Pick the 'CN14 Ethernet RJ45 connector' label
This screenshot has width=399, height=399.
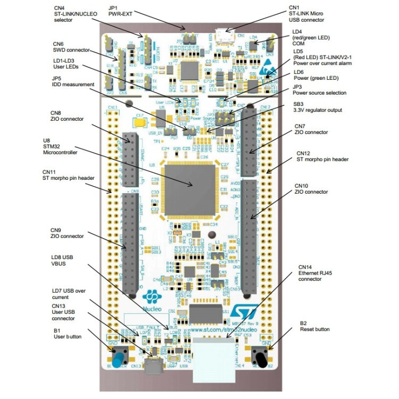pyautogui.click(x=314, y=272)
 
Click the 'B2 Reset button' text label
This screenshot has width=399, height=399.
pyautogui.click(x=314, y=326)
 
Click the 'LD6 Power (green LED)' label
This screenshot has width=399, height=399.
pyautogui.click(x=316, y=75)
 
